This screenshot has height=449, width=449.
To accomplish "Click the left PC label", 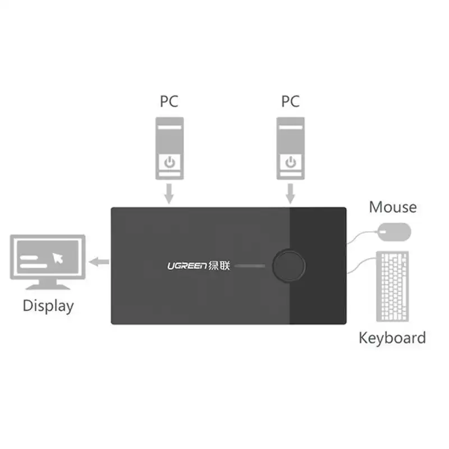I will click(x=169, y=102).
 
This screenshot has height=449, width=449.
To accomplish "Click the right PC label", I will click(x=290, y=102).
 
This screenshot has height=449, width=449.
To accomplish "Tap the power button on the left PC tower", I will click(x=169, y=163).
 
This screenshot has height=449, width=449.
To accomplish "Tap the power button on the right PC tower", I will click(x=290, y=163).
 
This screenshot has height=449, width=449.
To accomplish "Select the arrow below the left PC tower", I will click(x=169, y=194).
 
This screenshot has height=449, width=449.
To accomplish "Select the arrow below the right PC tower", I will click(x=290, y=194).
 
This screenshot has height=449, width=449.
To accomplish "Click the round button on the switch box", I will click(x=289, y=265).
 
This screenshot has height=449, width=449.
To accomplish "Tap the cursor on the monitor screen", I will click(x=58, y=258).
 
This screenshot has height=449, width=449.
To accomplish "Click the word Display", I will click(x=48, y=306).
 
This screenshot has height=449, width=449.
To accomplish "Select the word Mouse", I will click(x=393, y=207).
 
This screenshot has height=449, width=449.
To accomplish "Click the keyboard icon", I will click(x=393, y=285).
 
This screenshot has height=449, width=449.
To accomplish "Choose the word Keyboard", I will click(x=392, y=338).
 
